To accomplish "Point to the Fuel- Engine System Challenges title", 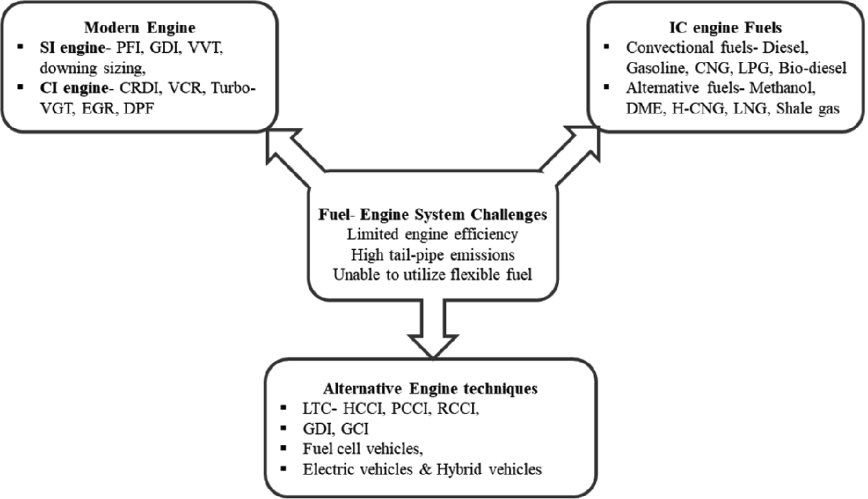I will (x=432, y=214).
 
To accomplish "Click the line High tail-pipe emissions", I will (x=432, y=254).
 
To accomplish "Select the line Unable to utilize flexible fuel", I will (x=432, y=275).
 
